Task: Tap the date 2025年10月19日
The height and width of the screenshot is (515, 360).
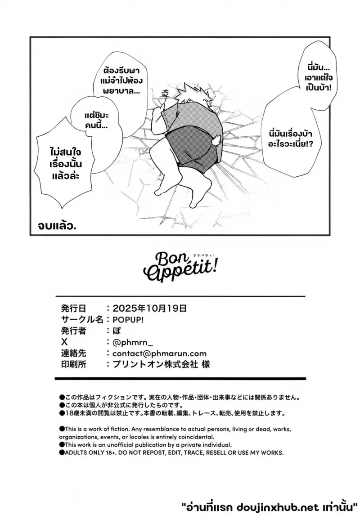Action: click(149, 309)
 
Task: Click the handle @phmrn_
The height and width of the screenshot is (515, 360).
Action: click(133, 343)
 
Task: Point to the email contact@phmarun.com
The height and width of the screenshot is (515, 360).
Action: click(159, 354)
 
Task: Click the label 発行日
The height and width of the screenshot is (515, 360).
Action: click(74, 309)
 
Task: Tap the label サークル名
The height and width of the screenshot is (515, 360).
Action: click(82, 320)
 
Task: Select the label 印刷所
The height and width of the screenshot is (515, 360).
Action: click(74, 364)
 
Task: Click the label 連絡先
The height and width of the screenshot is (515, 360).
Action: click(74, 353)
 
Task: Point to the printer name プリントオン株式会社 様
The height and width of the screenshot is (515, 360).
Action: click(161, 364)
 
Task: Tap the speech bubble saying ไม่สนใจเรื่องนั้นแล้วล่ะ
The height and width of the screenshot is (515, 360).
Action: click(66, 164)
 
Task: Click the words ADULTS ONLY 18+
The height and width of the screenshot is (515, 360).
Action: click(90, 452)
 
